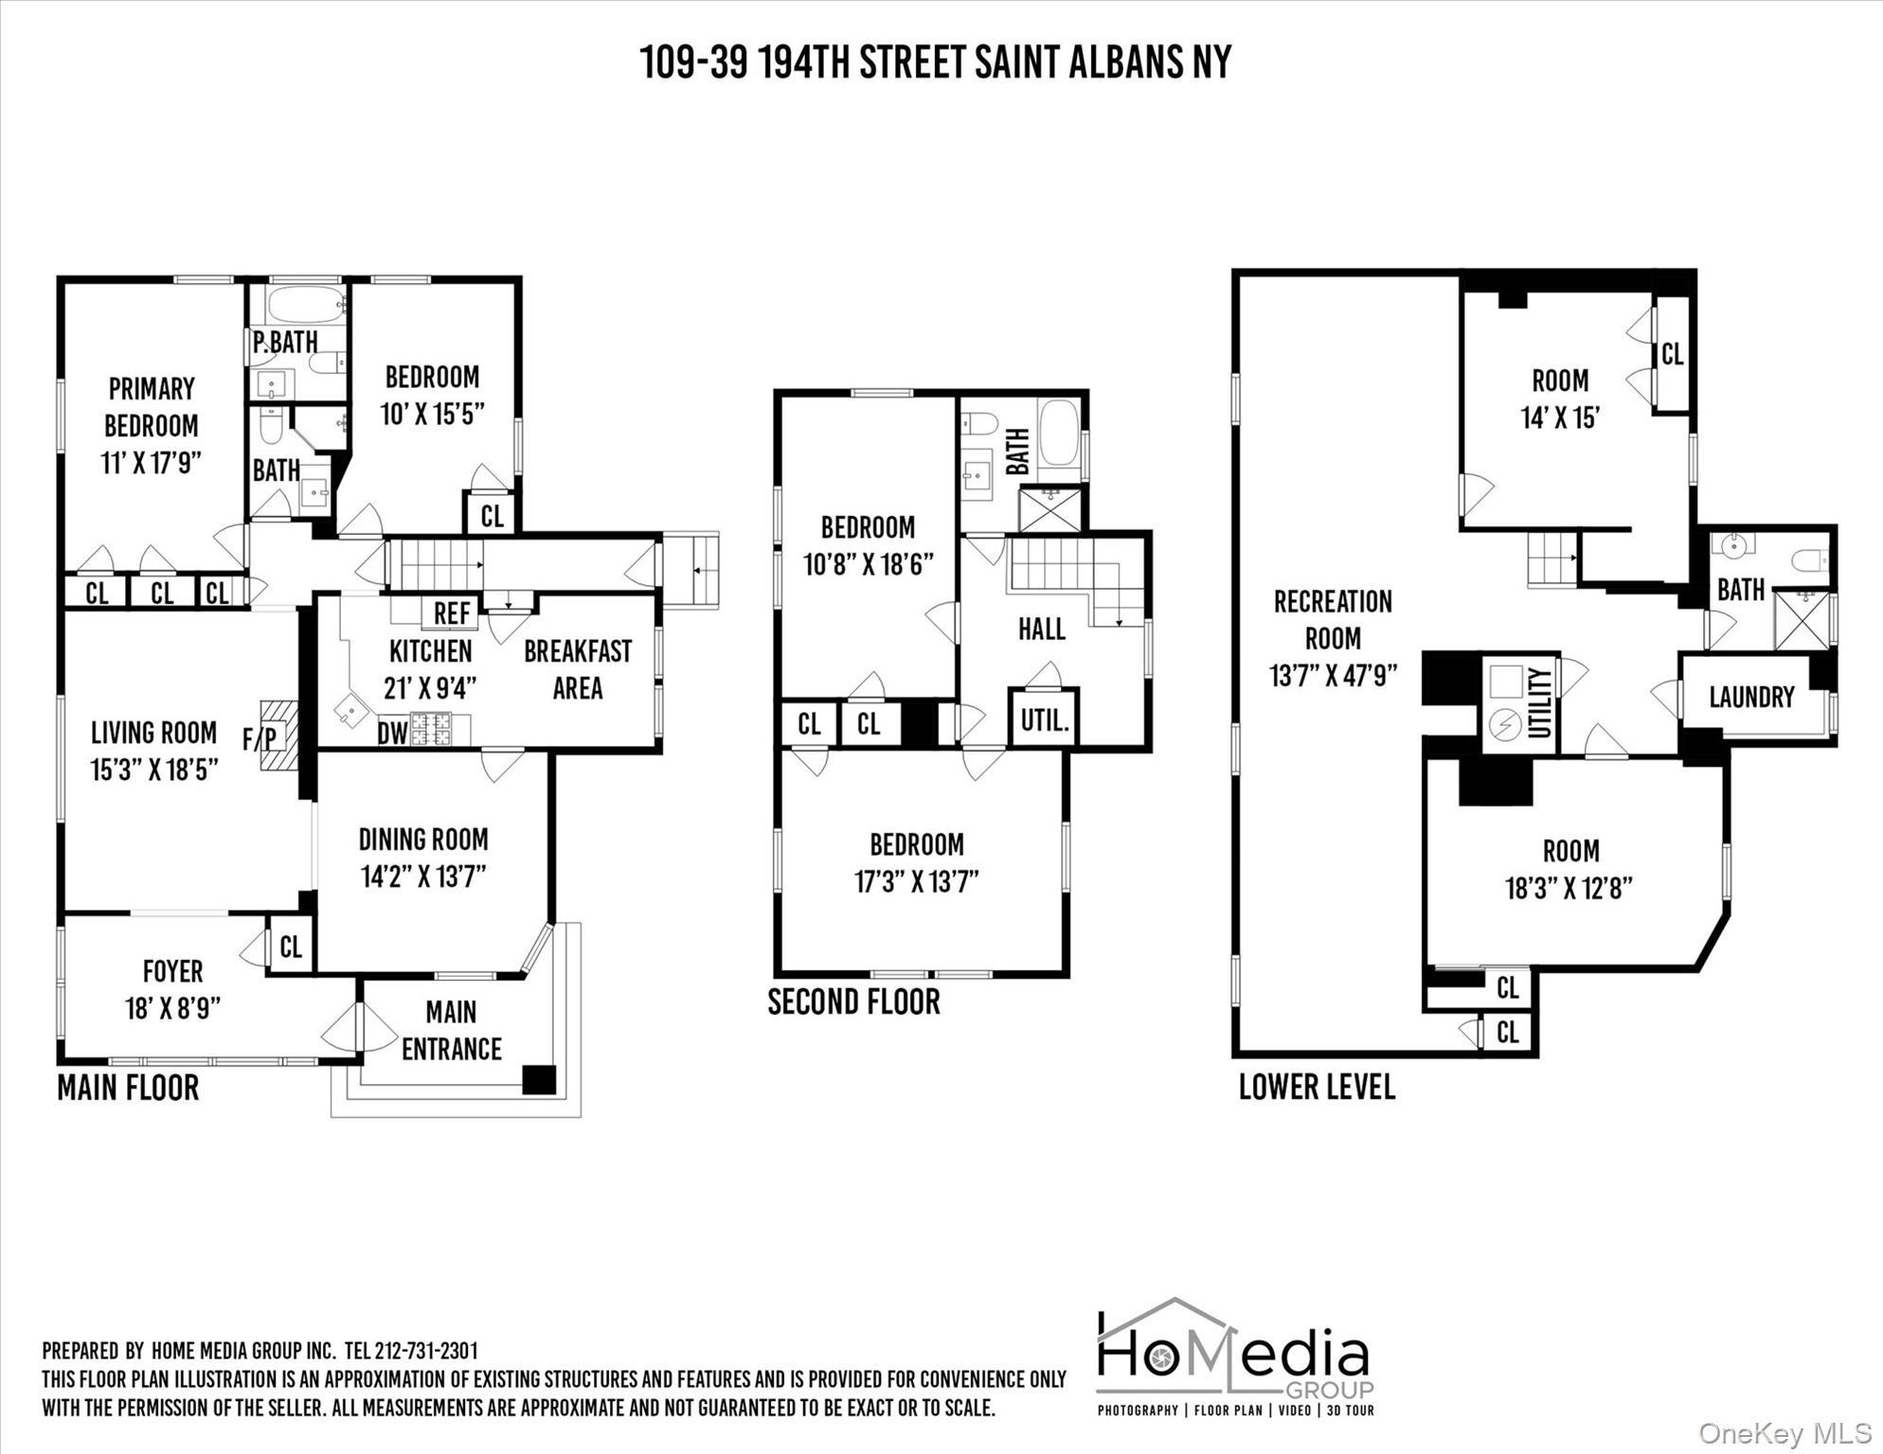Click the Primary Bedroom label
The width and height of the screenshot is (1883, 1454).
[x=152, y=407]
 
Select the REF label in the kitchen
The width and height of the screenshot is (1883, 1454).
[x=452, y=613]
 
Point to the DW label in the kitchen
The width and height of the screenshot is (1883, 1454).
[x=392, y=733]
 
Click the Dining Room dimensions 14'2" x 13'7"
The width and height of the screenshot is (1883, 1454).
[x=423, y=877]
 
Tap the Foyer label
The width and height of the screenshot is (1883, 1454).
[x=172, y=971]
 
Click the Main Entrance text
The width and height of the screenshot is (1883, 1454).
[x=451, y=1031]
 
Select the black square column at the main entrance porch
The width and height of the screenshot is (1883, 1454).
[x=539, y=1080]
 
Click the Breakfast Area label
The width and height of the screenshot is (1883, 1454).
[x=578, y=669]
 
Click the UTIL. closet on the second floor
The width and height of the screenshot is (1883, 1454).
[x=1044, y=721]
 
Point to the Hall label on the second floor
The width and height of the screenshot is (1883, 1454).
[x=1041, y=629]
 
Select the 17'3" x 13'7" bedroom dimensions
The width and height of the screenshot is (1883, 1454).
[x=916, y=881]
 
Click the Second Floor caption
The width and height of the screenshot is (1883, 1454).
[x=853, y=1002]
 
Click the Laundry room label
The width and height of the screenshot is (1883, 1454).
[x=1751, y=698]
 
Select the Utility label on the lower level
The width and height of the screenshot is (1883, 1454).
[x=1540, y=703]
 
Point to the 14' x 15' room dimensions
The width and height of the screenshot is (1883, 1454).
[x=1560, y=417]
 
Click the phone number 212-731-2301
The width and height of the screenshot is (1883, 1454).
[x=426, y=1350]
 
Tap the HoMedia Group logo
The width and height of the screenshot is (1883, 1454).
[x=1234, y=1356]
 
